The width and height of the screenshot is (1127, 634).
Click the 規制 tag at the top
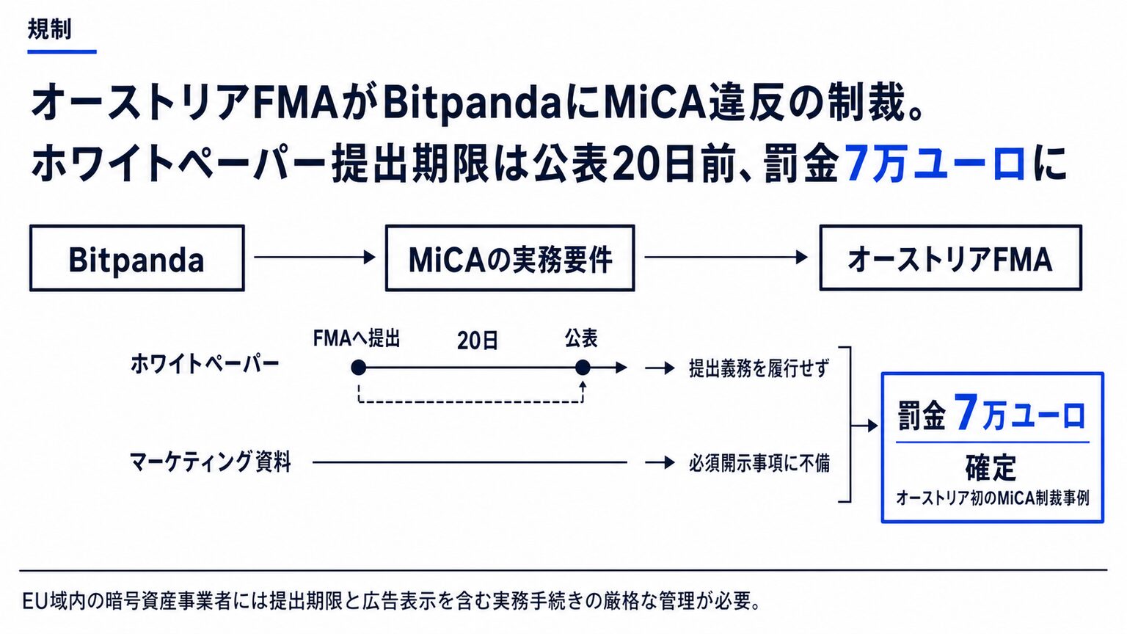[49, 29]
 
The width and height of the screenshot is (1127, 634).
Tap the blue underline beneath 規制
[62, 51]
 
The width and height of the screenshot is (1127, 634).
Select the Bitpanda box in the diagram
[137, 258]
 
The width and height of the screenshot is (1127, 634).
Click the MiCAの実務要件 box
[510, 258]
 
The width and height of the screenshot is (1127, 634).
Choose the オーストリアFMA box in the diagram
[950, 258]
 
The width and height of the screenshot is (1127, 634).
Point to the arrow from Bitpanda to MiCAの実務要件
[315, 257]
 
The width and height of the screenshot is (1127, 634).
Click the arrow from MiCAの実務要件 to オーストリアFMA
[726, 257]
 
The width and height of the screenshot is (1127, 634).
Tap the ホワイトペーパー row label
[205, 364]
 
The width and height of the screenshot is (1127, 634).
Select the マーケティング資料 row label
[211, 461]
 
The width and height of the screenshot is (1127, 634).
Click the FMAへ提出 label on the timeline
[356, 338]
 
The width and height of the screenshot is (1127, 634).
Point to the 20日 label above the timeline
[478, 340]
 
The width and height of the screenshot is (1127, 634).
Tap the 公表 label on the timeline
[581, 338]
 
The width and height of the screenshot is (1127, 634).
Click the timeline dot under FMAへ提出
[358, 368]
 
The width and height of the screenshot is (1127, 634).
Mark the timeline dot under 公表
[583, 368]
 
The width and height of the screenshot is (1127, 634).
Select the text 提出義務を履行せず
[759, 368]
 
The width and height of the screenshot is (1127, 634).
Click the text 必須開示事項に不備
[759, 463]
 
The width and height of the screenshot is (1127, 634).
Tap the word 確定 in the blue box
[991, 467]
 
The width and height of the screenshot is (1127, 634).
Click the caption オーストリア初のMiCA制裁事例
[992, 498]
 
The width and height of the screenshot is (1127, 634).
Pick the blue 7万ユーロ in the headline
[935, 163]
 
